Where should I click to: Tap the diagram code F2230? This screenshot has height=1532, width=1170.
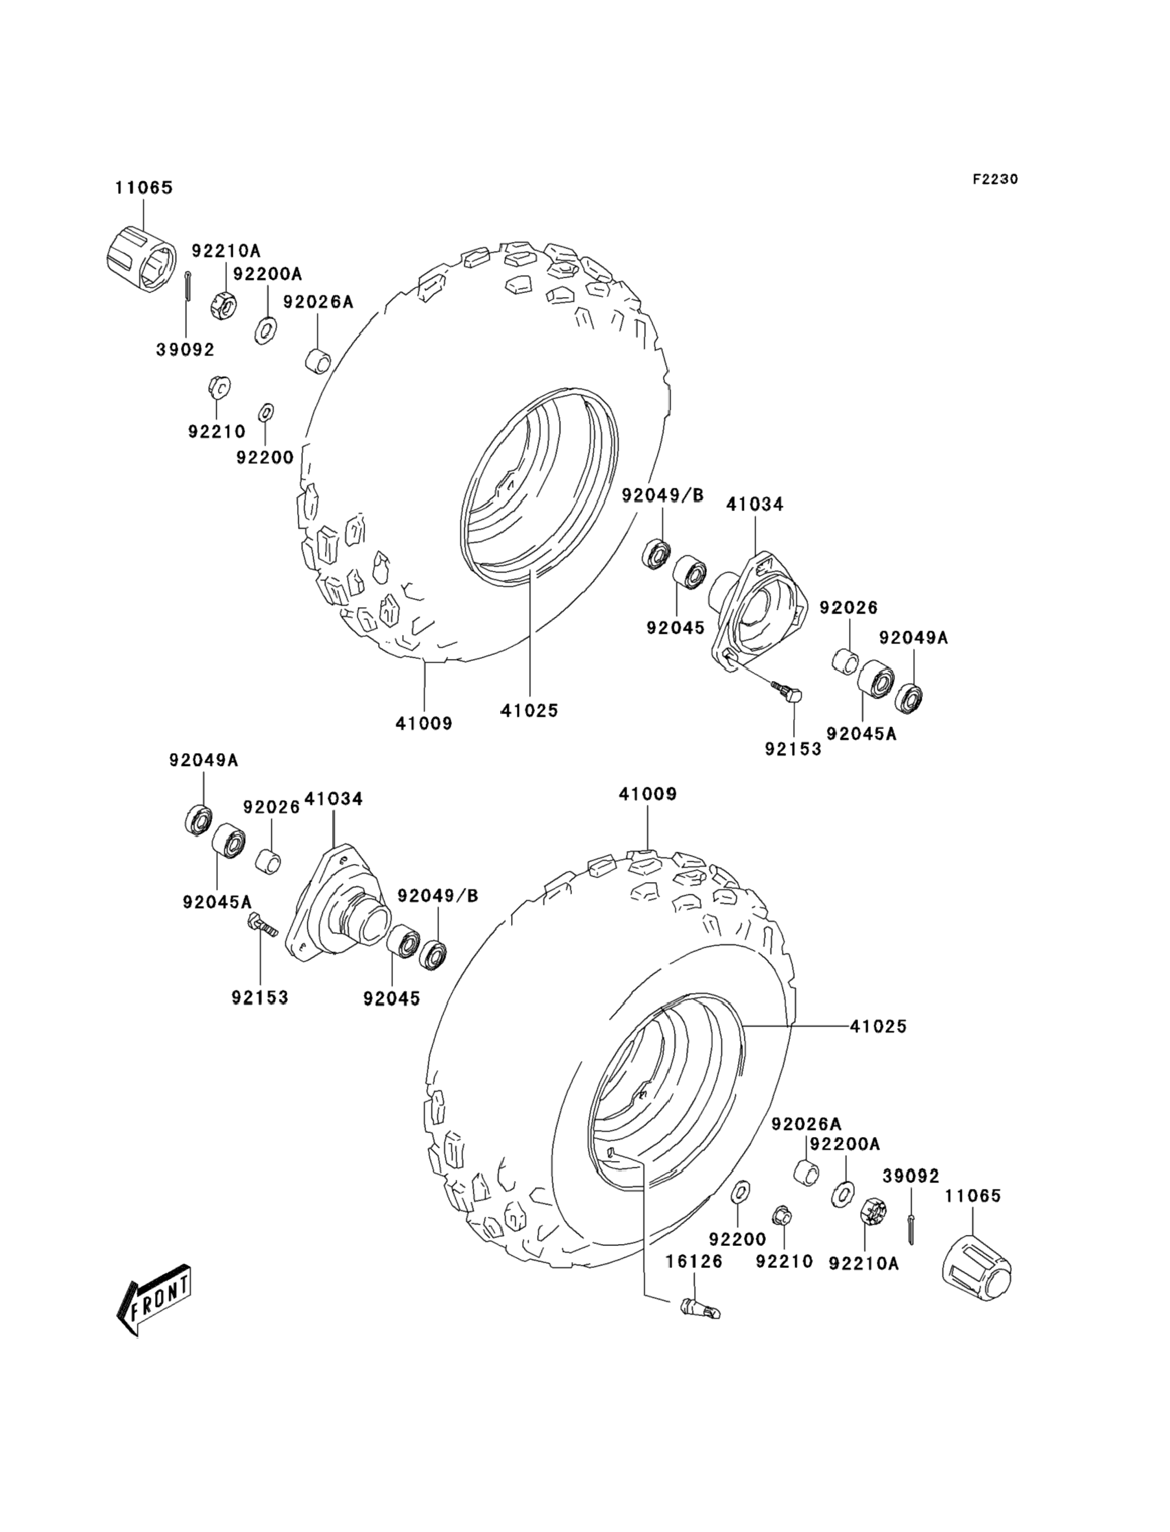[995, 179]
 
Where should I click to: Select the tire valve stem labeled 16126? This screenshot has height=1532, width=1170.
[699, 1307]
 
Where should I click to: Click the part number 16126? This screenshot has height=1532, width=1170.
[694, 1261]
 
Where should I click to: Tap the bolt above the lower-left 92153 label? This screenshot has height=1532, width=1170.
[262, 925]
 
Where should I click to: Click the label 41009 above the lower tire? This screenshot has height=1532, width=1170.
[648, 794]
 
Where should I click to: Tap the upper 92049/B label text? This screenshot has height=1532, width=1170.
[662, 494]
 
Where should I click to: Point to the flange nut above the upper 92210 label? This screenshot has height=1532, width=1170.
[219, 387]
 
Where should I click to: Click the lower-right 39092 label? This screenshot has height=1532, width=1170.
[911, 1175]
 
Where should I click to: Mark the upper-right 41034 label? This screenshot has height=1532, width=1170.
[755, 503]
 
